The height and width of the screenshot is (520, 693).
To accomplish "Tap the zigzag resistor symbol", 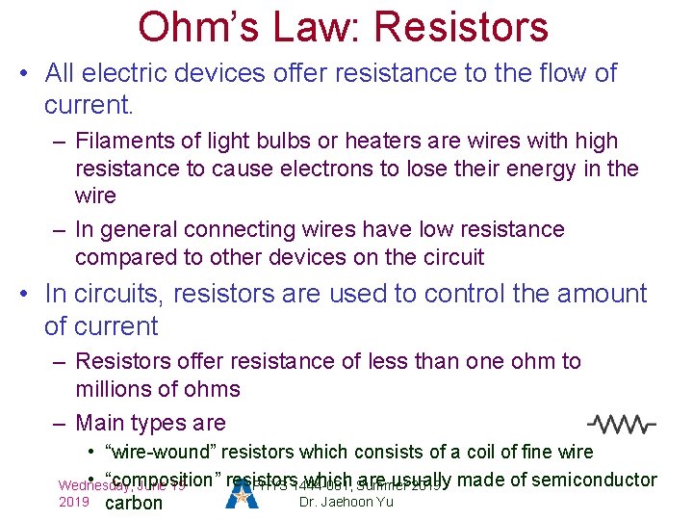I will tap(622, 423).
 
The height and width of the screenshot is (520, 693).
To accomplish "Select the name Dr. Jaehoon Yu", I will tap(346, 503).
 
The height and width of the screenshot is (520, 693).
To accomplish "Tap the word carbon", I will tap(134, 503).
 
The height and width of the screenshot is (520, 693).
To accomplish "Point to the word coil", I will tap(485, 452).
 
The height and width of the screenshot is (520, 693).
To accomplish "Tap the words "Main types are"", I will tap(150, 423).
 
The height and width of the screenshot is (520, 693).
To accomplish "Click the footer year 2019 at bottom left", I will tap(73, 503).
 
